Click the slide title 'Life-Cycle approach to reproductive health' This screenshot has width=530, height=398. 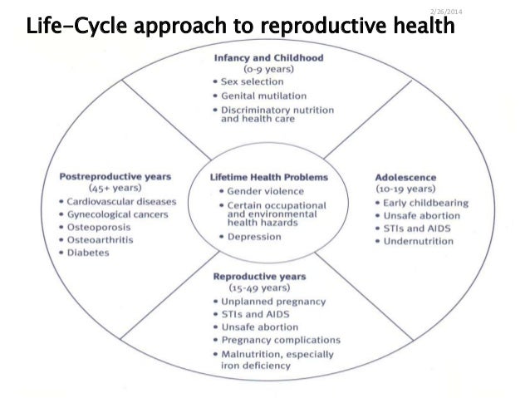tap(241, 27)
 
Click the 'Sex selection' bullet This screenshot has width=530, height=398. tap(253, 83)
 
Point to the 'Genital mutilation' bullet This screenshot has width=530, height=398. tap(263, 96)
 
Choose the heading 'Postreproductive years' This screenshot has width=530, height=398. tap(115, 176)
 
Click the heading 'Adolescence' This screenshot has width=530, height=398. tap(405, 177)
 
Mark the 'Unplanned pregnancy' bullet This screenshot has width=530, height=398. tap(273, 301)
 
